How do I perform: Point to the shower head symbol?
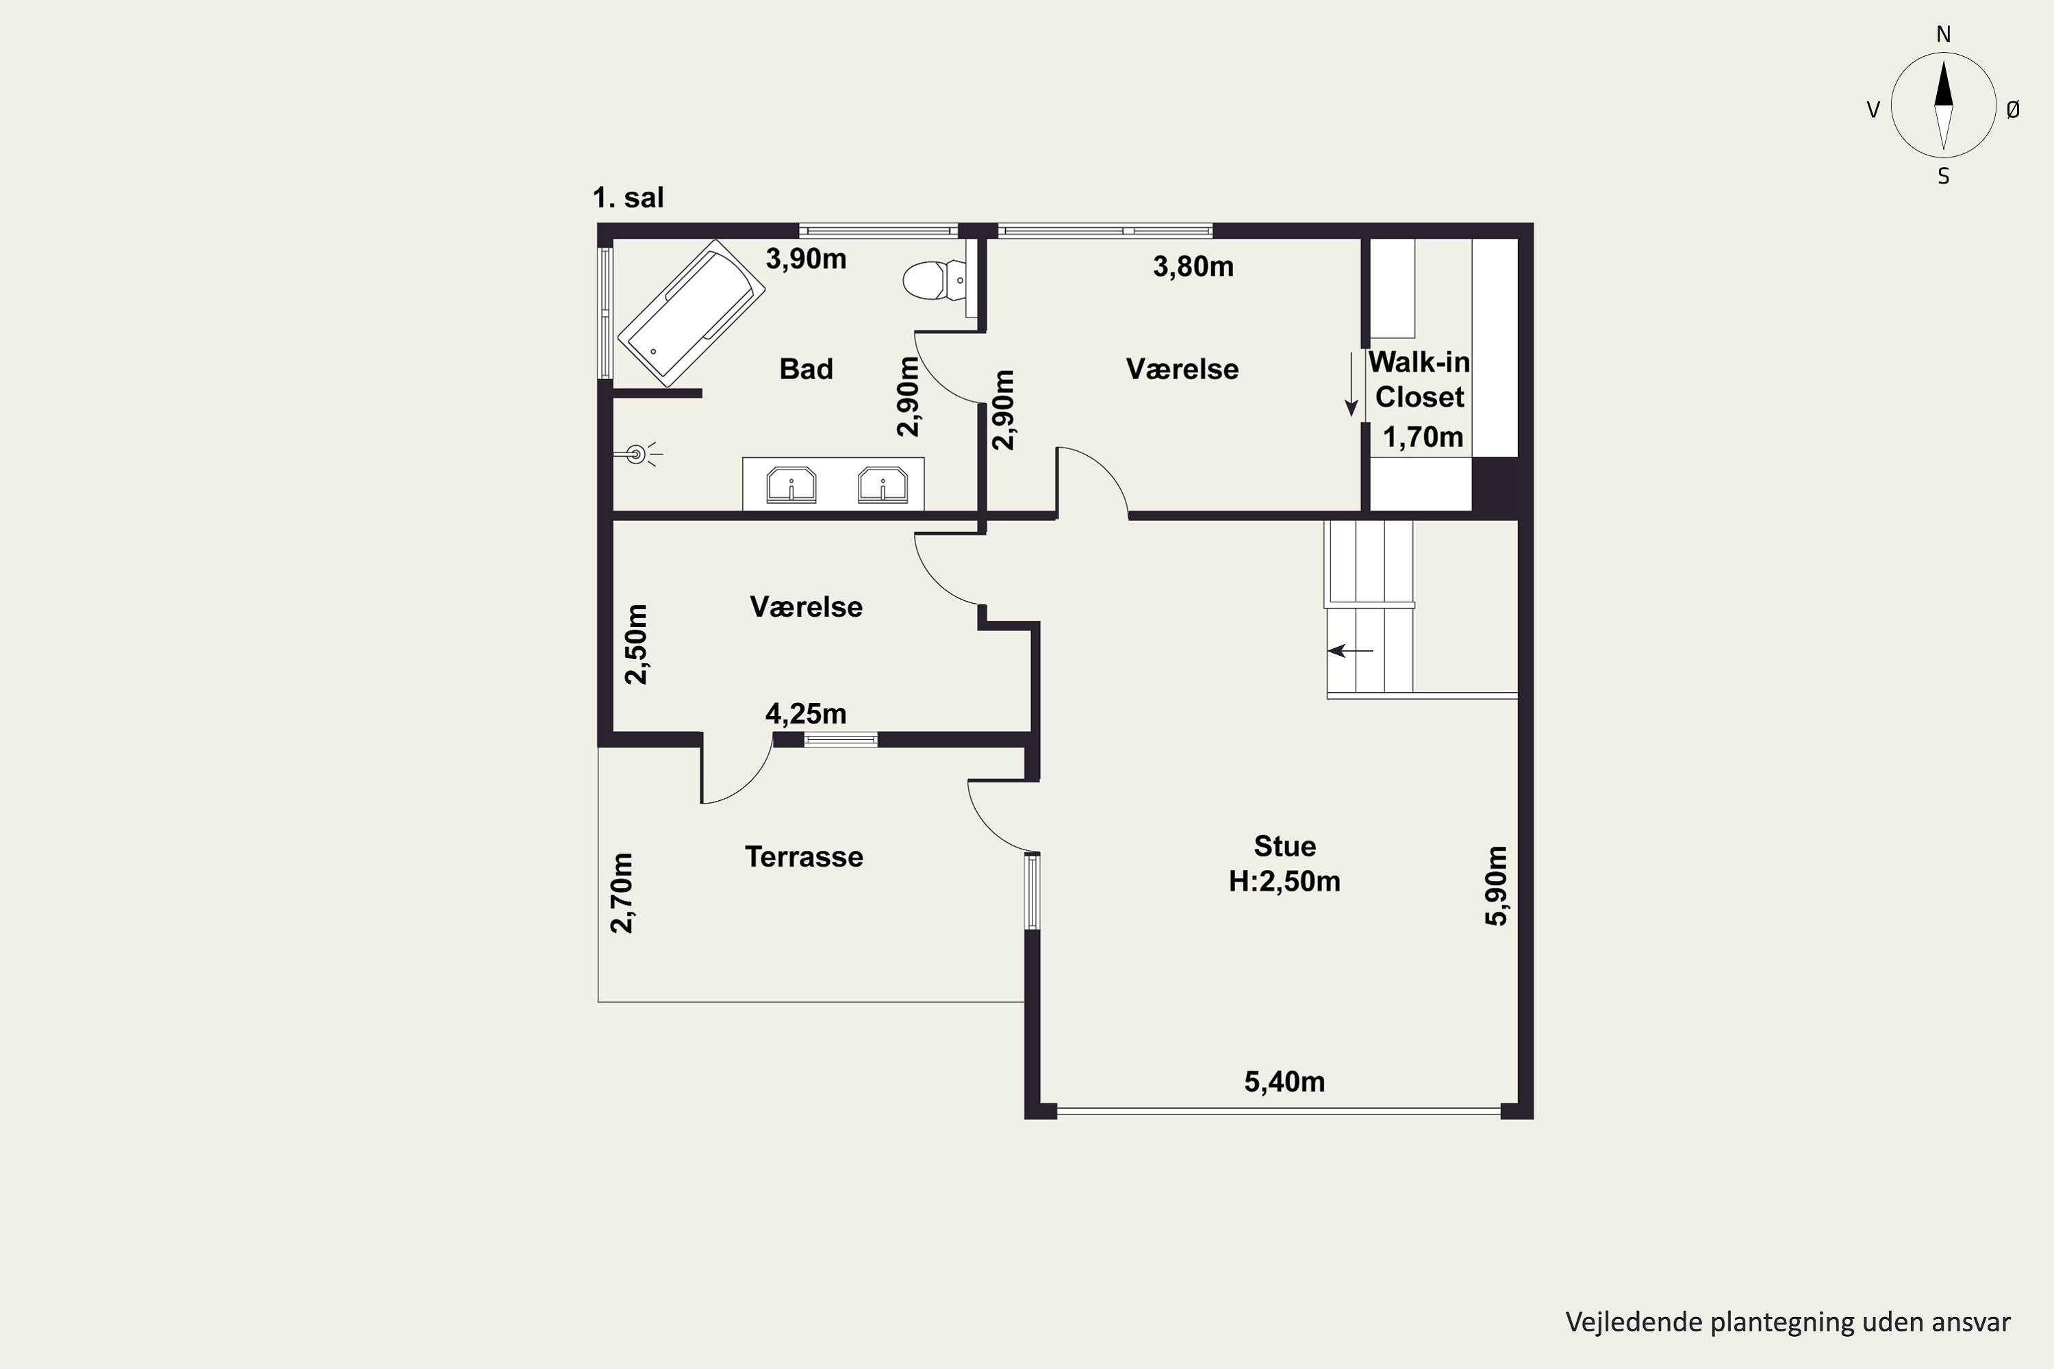pyautogui.click(x=637, y=454)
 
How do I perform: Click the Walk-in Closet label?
pyautogui.click(x=1419, y=379)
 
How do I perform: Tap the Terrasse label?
pyautogui.click(x=803, y=856)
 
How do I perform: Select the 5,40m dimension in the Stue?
pyautogui.click(x=1284, y=1082)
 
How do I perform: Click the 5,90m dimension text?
pyautogui.click(x=1496, y=885)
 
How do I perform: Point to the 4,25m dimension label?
pyautogui.click(x=806, y=713)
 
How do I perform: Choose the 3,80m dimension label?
pyautogui.click(x=1193, y=266)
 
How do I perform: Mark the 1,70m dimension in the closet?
pyautogui.click(x=1423, y=437)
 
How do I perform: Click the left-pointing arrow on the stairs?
pyautogui.click(x=1350, y=650)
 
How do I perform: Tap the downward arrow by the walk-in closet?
pyautogui.click(x=1351, y=384)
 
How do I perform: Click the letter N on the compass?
pyautogui.click(x=1943, y=34)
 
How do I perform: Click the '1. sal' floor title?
pyautogui.click(x=628, y=197)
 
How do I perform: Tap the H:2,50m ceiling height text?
pyautogui.click(x=1284, y=881)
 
